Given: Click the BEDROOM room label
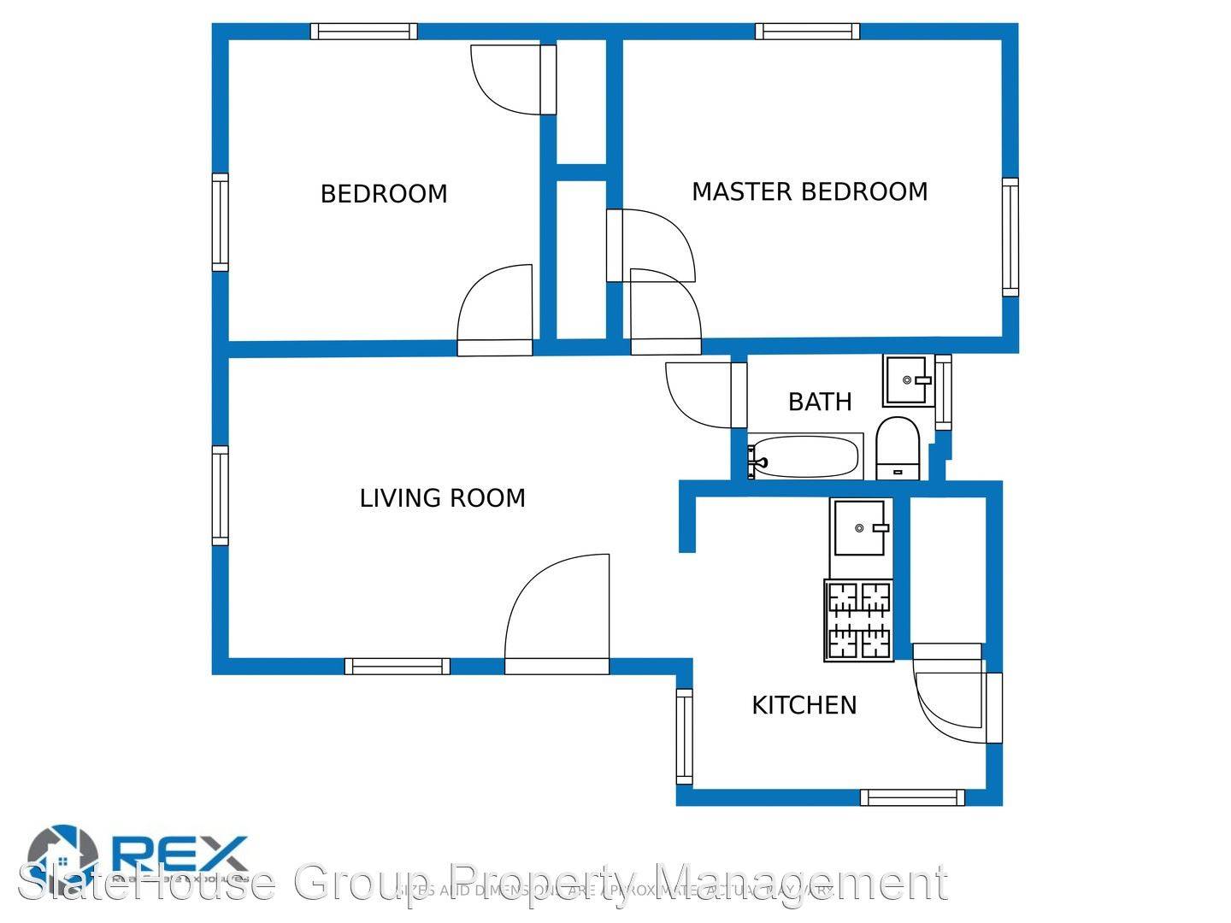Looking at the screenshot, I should coord(384,194).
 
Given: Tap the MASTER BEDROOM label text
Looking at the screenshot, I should coord(810,191).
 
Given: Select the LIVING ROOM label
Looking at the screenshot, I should coord(442,498).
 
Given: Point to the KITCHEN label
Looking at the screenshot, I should coord(804,705).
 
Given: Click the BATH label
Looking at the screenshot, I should coord(820,402).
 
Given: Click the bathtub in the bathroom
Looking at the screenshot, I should coord(804,457).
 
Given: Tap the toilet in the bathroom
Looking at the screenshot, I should coord(898,448).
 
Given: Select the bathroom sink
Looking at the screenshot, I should coord(908,380).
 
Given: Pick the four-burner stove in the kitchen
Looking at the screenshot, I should coord(859,620).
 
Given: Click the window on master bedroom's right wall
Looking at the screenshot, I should coord(1010,237).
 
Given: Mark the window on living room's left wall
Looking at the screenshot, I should coord(221,495).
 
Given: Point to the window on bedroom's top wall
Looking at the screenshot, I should coord(363,32).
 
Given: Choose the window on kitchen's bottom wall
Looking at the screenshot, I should coord(912,797).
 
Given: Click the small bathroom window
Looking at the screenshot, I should coord(943,392).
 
